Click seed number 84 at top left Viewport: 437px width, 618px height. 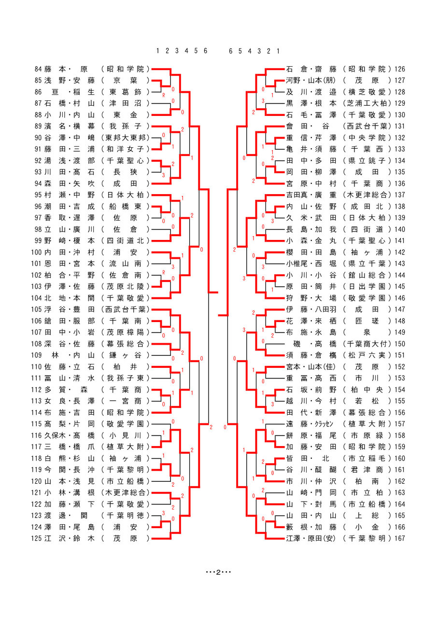pos(38,69)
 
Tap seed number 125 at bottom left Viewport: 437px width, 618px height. pos(36,538)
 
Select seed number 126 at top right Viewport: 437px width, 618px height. pos(400,69)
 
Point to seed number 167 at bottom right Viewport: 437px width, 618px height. pos(400,538)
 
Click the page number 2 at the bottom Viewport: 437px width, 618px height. pos(218,572)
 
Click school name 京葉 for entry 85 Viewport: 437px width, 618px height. pos(125,81)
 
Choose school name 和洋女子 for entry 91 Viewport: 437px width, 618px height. pos(125,149)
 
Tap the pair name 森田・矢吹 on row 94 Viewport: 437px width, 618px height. pos(70,183)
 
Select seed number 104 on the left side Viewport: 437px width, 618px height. pos(36,298)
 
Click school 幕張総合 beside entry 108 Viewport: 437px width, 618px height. pos(125,344)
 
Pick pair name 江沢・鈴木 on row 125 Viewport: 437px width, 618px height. pos(70,538)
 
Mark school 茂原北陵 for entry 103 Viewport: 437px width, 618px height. pos(125,286)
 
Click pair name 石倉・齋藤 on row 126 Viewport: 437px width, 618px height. pos(311,69)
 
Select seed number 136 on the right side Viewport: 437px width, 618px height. pos(400,183)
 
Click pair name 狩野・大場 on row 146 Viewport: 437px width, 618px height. pos(311,298)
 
